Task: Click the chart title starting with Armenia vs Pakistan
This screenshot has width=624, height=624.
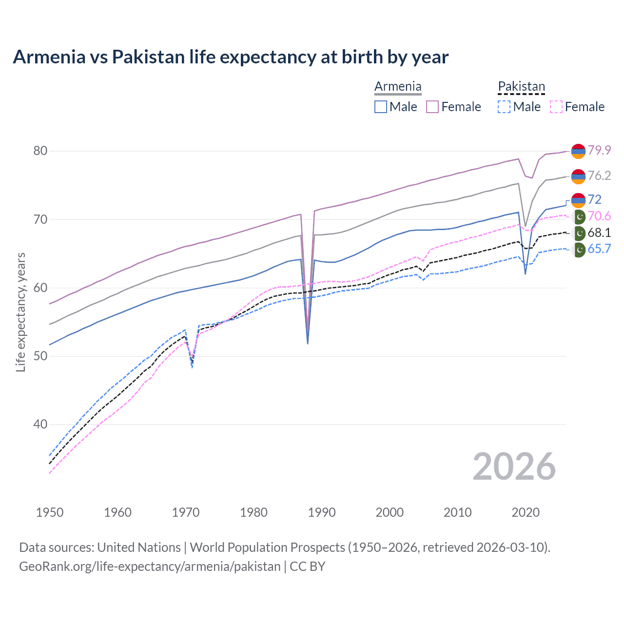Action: pos(231,57)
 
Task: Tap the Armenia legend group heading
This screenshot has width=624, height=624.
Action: pos(398,87)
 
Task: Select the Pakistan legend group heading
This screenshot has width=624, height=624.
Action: pos(521,87)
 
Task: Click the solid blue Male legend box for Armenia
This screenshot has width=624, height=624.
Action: pos(381,107)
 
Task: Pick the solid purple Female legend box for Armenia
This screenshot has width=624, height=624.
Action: pos(432,107)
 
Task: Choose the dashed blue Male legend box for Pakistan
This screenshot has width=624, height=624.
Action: pos(504,107)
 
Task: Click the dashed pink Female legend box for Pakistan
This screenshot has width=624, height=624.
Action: pos(556,107)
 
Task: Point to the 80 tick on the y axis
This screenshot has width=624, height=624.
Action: pos(40,151)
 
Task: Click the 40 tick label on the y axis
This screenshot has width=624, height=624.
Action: pos(40,425)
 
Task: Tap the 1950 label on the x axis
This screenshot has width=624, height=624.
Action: pos(50,512)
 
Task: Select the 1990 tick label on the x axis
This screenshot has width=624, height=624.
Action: pos(322,512)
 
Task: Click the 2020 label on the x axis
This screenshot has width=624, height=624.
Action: pos(526,512)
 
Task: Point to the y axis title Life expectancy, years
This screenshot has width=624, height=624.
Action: pos(20,312)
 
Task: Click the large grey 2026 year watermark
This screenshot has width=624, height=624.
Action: pos(514,467)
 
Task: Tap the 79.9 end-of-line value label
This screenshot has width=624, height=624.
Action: pos(599,150)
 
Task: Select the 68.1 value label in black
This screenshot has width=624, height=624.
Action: pos(599,233)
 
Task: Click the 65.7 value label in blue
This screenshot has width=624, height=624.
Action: pos(599,249)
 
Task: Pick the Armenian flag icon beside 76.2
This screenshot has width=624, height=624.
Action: pos(578,176)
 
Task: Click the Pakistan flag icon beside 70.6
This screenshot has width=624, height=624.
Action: pos(579,217)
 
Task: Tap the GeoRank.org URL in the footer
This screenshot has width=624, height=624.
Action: pos(150,566)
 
